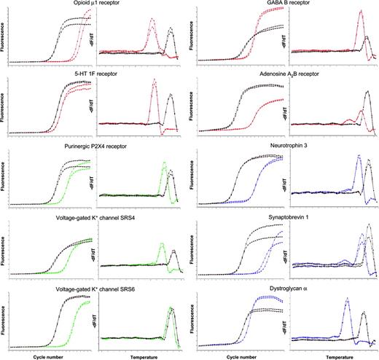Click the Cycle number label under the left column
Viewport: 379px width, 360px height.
point(50,355)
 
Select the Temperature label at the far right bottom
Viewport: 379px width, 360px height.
point(335,355)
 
